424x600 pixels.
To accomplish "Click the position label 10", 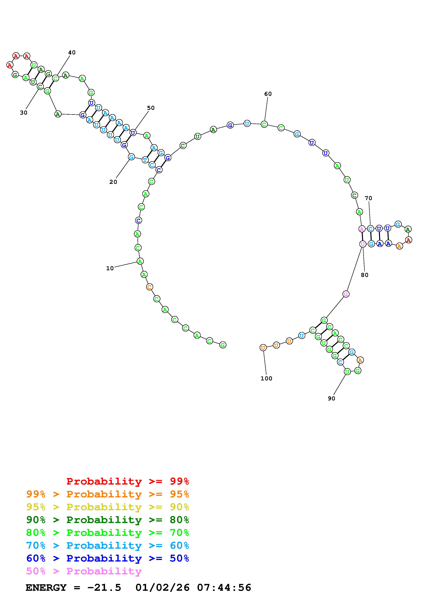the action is point(110,268).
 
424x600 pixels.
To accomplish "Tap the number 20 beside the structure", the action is point(113,182).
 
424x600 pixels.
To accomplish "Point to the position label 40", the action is point(72,52).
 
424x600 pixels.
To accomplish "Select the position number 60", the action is point(268,94).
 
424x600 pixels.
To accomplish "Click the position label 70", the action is point(368,198).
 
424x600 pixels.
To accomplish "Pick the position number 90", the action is point(331,398).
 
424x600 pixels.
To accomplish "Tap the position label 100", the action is point(266,378).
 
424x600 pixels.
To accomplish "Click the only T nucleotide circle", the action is point(145,160).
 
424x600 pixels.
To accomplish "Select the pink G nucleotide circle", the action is point(346,294).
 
